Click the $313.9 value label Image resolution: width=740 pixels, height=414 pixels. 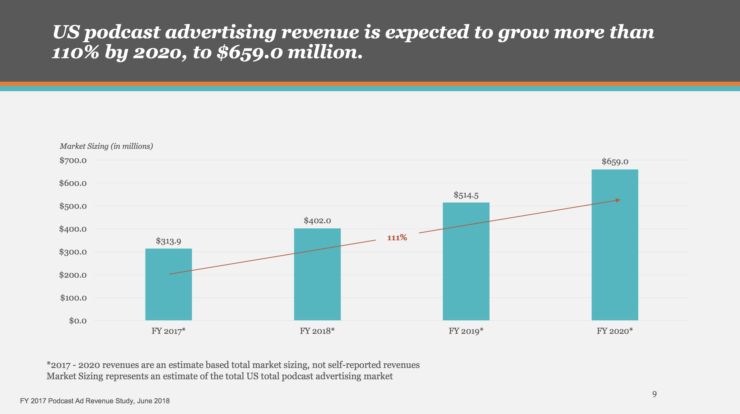168,241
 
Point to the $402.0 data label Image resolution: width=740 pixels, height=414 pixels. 317,221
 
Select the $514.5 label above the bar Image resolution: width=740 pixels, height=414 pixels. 466,195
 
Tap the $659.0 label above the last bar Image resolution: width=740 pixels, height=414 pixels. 615,162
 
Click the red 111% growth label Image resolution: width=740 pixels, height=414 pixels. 397,238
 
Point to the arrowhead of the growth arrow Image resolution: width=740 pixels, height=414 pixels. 618,200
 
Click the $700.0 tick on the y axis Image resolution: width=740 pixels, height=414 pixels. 73,160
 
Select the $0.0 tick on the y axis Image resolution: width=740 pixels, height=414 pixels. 78,321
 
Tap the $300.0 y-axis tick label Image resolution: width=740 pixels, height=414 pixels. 73,252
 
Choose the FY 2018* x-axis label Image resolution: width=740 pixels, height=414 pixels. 317,331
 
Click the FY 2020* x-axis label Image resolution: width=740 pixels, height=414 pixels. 615,331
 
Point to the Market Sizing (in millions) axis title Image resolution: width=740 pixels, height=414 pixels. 106,146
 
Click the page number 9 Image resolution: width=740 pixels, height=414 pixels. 654,394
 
